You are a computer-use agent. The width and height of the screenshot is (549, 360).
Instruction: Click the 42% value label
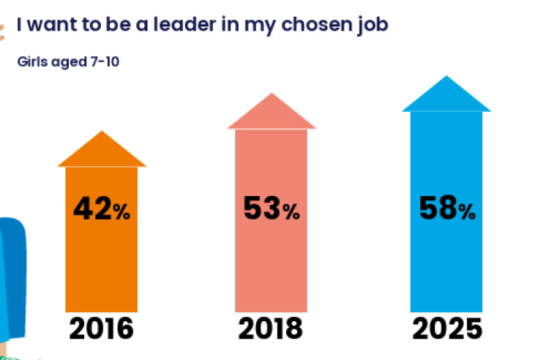(101, 210)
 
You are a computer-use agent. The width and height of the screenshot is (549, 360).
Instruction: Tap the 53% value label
(271, 210)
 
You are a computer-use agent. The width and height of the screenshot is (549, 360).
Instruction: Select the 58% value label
(447, 209)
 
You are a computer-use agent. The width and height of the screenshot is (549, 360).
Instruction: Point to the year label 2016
(102, 329)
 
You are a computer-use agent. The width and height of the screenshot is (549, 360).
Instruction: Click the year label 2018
(271, 329)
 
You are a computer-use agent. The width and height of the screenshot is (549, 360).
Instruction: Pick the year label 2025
(447, 329)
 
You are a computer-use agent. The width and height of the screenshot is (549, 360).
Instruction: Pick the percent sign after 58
(467, 212)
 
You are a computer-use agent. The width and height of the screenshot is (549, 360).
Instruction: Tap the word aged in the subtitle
(70, 62)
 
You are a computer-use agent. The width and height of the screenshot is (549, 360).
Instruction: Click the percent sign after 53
(291, 213)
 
